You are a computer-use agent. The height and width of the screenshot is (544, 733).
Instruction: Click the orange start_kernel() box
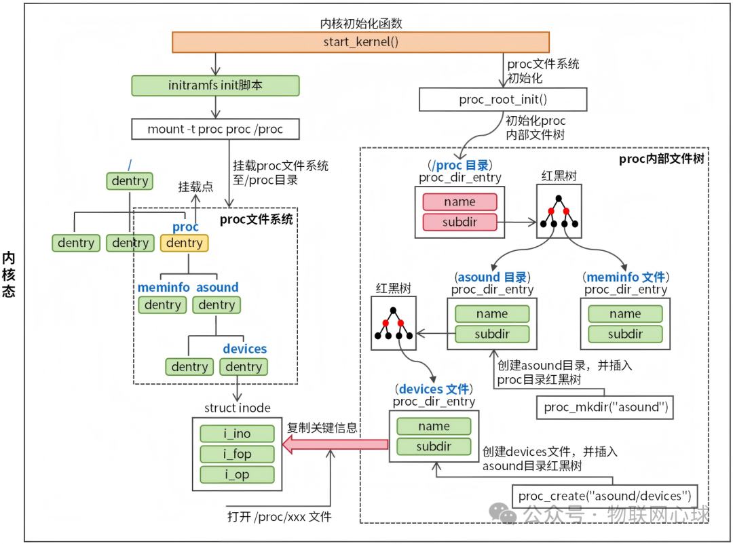(360, 42)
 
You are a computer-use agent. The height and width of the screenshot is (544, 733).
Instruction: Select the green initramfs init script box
(215, 85)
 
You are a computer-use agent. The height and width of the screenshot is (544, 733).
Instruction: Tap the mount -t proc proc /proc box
(215, 129)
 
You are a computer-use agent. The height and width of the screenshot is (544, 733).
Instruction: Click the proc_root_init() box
(503, 100)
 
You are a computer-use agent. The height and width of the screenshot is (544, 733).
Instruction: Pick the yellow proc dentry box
(185, 243)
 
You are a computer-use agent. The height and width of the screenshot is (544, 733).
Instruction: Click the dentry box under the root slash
(130, 181)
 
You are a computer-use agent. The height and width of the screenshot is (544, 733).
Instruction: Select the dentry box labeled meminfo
(163, 305)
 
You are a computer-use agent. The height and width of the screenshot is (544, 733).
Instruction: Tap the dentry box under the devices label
(244, 367)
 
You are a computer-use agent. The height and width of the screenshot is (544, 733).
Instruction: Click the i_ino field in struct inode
(237, 433)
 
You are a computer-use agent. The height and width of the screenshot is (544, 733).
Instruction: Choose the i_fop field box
(237, 454)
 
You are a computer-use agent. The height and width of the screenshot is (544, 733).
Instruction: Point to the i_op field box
(237, 475)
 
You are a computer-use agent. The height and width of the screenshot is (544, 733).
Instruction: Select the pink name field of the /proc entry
(459, 201)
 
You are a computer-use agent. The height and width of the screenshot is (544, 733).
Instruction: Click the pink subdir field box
(459, 222)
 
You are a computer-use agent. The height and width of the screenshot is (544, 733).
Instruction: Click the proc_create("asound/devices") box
(604, 496)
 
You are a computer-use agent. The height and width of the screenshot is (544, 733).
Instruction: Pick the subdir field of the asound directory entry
(492, 334)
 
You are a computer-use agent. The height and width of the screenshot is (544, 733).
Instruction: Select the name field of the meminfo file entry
(625, 313)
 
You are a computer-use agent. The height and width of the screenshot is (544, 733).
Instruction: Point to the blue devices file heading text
(434, 389)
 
